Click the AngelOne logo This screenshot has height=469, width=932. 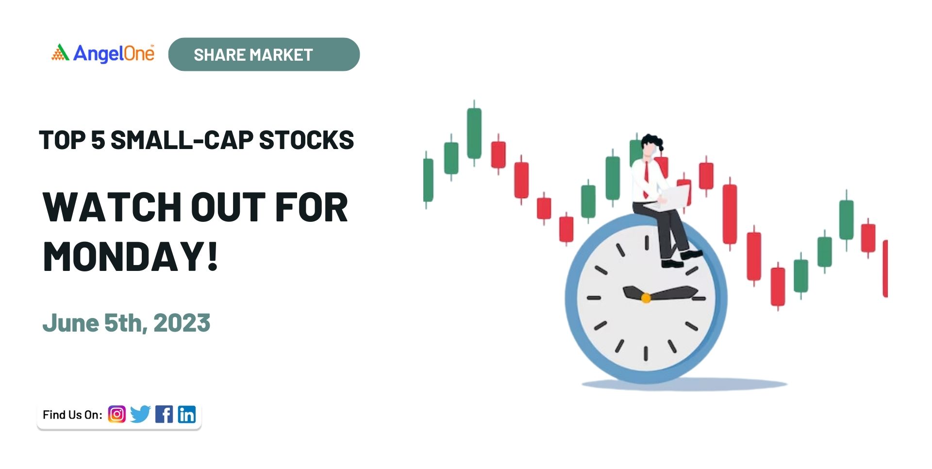point(103,53)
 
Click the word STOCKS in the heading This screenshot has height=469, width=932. point(306,140)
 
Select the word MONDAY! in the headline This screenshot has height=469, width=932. point(131,256)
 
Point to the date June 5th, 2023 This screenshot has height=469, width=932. point(126,323)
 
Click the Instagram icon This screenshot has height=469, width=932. point(116,414)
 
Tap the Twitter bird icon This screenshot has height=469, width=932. point(140,414)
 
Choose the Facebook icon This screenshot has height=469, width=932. point(164,414)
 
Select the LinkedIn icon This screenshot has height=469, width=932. point(187,414)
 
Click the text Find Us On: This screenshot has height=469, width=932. point(72,415)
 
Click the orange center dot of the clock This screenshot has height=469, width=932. point(646,298)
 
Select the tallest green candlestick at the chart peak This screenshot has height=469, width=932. point(474,133)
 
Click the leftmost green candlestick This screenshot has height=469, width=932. point(428,180)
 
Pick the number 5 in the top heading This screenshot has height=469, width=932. point(98,140)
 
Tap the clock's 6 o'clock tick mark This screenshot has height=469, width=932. point(646,353)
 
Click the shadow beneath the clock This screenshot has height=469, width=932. point(684,385)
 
